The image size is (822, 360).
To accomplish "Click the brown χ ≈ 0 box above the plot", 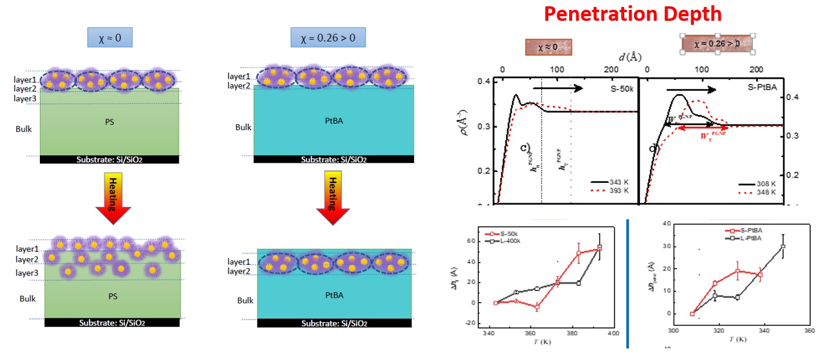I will point(548,47).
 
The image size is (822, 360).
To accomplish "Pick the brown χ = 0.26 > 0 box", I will point(717,43).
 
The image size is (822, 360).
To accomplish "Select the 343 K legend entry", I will point(611,183).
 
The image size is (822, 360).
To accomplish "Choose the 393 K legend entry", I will point(611,191).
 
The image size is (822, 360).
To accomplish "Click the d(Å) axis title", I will point(629,57).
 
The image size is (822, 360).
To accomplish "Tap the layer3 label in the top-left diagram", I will point(25,99).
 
